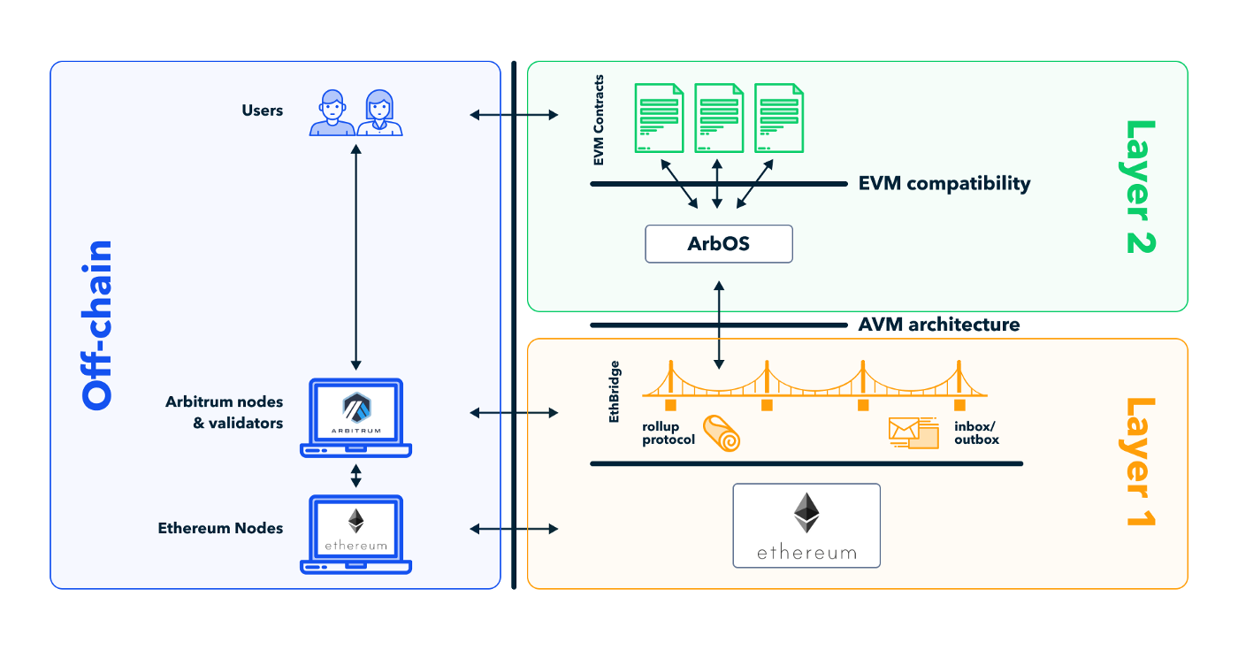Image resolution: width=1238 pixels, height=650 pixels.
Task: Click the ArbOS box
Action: click(x=718, y=243)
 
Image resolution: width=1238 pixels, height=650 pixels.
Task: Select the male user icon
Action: click(x=332, y=113)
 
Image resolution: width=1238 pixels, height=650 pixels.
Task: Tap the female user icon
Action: click(x=380, y=113)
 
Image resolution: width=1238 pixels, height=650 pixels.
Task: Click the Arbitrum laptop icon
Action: click(x=355, y=418)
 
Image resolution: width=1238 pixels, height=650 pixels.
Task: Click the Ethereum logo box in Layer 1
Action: click(x=806, y=525)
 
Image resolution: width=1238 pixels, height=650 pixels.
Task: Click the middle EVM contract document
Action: click(x=717, y=119)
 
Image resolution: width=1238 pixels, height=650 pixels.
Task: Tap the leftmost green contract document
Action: click(x=658, y=119)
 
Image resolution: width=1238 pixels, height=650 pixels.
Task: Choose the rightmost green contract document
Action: click(x=778, y=119)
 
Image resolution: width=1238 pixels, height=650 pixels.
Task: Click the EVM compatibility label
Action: click(x=944, y=184)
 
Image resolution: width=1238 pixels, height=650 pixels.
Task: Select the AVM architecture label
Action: click(x=938, y=325)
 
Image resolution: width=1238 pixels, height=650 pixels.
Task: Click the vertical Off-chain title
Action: click(x=97, y=325)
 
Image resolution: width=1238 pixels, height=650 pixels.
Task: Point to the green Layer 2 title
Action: click(x=1140, y=187)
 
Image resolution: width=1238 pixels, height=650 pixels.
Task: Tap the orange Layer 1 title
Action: click(x=1140, y=462)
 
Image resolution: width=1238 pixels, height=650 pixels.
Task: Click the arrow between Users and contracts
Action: click(x=514, y=114)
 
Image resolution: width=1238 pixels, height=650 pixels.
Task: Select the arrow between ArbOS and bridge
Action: click(x=719, y=325)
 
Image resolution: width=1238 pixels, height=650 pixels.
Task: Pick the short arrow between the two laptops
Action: click(x=355, y=476)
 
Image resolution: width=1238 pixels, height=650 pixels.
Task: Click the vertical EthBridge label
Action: click(x=615, y=390)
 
